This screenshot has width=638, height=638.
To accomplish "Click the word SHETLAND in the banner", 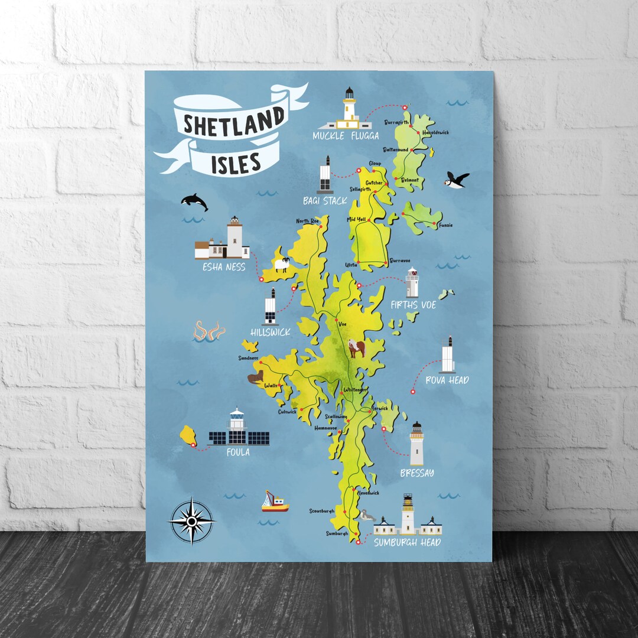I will pos(233,123).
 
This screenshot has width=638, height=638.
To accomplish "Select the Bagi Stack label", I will pos(325,201).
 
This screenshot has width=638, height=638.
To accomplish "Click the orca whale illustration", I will pos(195,201).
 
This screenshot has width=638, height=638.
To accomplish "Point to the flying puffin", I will pos(457,179).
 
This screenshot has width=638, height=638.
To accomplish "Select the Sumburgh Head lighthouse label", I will pos(407,542).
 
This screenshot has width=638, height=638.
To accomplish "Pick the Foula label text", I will pos(238,453).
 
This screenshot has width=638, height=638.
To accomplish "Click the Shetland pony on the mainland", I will pos(356,348).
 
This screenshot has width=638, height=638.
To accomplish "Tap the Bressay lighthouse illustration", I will pos(417,444).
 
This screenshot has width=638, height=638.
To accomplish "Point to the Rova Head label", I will pos(447,380).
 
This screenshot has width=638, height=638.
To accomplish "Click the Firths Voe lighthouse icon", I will pos(412,283).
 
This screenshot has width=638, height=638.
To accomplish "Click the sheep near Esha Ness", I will pos(282,264).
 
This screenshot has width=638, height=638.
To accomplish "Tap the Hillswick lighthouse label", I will pos(271,333).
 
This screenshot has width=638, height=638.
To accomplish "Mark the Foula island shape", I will pos(189,436).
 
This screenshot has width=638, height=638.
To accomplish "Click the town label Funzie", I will pos(446,225).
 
